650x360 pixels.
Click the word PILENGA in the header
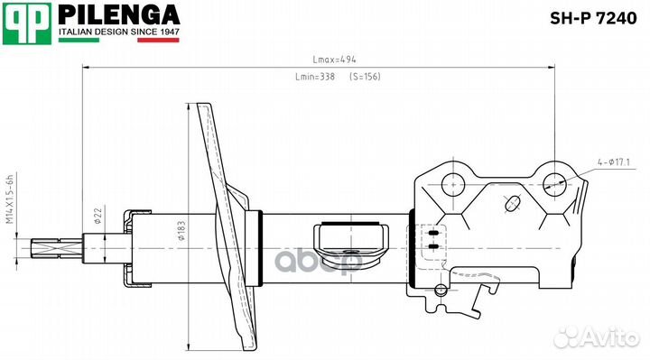click(119, 16)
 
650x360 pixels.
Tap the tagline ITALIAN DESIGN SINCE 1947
click(118, 33)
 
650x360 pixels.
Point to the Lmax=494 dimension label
click(316, 60)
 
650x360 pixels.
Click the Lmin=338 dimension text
click(316, 78)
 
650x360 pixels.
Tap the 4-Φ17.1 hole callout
click(615, 162)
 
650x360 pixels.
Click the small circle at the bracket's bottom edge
click(440, 291)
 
